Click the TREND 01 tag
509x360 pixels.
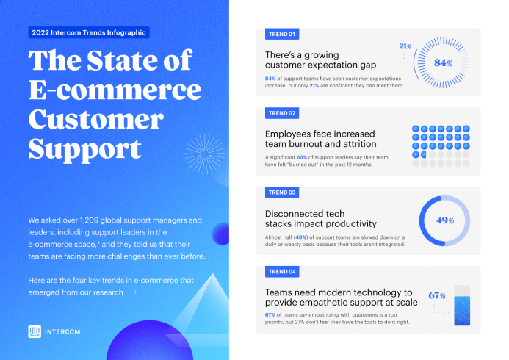282,34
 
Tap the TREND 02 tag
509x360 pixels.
282,113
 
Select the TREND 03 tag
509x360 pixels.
282,192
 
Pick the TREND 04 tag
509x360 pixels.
282,272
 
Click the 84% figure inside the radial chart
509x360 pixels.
443,62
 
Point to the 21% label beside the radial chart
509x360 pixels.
405,46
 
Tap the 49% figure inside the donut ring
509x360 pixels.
444,220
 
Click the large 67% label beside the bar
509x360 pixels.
436,295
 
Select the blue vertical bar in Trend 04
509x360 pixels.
462,311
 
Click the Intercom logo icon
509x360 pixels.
35,331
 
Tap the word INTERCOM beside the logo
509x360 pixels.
62,332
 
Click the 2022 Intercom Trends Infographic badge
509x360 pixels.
89,32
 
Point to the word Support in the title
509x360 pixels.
84,149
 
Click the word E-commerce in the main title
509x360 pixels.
115,90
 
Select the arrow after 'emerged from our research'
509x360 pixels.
133,292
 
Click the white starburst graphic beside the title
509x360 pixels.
205,154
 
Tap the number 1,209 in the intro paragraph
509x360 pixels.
89,220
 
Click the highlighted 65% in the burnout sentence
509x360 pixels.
302,157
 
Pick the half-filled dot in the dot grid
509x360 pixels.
424,154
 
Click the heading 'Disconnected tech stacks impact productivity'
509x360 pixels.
321,219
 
